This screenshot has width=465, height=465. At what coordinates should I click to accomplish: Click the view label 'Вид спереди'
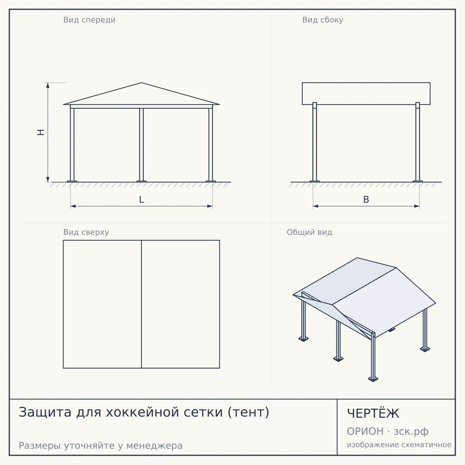coord(89,20)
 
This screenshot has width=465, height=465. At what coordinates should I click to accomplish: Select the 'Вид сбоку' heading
coord(323,20)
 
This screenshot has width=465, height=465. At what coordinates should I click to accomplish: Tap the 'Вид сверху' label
coord(86,232)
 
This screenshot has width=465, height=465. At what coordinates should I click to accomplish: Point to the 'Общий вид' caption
coord(309,232)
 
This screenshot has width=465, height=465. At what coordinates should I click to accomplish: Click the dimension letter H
coord(41,132)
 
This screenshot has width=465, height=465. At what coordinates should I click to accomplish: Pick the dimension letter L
coord(141,200)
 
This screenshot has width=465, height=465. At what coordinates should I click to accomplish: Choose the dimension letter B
coord(366,200)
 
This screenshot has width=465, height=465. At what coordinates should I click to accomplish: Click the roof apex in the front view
coord(141,83)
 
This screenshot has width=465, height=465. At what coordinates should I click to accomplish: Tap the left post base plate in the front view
coord(72,181)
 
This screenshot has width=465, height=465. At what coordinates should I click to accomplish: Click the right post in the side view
coord(418,142)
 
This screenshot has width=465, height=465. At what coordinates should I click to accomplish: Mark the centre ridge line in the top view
coord(141,304)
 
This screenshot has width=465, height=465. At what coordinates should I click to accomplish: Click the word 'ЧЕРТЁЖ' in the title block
coord(373,413)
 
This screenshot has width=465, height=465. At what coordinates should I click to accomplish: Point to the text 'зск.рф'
coord(411,432)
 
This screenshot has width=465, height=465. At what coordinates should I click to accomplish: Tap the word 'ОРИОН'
coord(365,431)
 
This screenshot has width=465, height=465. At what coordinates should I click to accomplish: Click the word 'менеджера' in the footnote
coord(155,446)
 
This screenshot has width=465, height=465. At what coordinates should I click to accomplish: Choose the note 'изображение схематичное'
coord(399,445)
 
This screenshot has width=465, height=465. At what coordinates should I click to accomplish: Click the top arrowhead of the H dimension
coord(48,85)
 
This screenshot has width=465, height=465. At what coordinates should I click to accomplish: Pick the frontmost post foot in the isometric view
coord(373,379)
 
